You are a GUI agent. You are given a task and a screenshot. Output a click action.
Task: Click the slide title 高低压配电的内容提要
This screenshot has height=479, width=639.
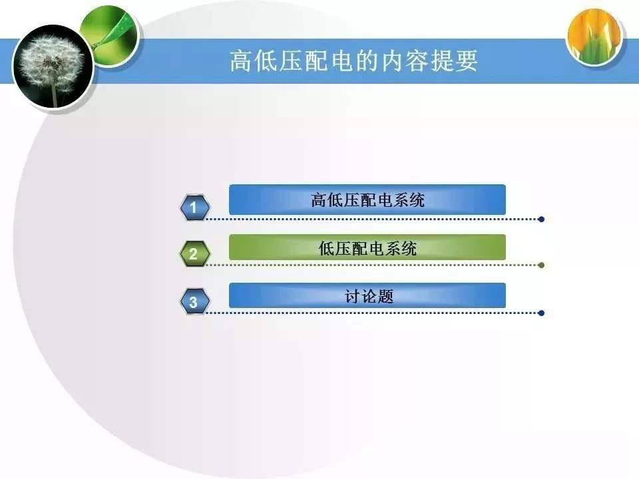pyautogui.click(x=353, y=61)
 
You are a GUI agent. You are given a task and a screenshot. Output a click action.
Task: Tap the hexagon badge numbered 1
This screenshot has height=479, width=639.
pyautogui.click(x=195, y=208)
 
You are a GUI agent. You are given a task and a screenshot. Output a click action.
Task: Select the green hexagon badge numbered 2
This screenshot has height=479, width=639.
pyautogui.click(x=195, y=253)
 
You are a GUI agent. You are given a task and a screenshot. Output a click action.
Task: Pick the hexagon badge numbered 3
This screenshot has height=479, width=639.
pyautogui.click(x=195, y=301)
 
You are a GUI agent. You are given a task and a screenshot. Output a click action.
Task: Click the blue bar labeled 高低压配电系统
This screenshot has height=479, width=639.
pyautogui.click(x=367, y=200)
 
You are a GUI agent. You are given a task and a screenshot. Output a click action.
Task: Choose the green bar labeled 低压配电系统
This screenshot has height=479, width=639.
pyautogui.click(x=367, y=247)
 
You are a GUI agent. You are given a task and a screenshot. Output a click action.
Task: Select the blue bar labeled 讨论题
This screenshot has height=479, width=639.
pyautogui.click(x=367, y=295)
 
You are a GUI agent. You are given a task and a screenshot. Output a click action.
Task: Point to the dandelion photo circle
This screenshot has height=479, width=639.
pyautogui.click(x=53, y=67)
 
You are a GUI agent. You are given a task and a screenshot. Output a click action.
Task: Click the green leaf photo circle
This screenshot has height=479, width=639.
pyautogui.click(x=108, y=35)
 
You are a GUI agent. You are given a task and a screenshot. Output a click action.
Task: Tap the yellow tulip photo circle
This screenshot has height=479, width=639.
pyautogui.click(x=594, y=37)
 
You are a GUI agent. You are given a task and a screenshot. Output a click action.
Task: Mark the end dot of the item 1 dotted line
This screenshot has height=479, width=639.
pyautogui.click(x=541, y=219)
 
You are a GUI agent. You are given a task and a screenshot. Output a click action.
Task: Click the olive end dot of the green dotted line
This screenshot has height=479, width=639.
pyautogui.click(x=541, y=265)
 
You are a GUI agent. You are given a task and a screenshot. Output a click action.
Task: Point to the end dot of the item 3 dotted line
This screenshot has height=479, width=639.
pyautogui.click(x=541, y=313)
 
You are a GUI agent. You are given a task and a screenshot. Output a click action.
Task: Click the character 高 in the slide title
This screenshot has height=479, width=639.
pyautogui.click(x=241, y=61)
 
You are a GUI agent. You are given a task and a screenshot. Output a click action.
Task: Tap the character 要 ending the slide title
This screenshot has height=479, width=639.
pyautogui.click(x=466, y=61)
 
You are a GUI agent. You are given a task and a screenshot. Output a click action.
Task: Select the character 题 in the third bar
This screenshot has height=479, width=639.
pyautogui.click(x=385, y=295)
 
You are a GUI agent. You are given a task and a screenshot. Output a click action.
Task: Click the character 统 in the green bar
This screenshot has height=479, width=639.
pyautogui.click(x=408, y=248)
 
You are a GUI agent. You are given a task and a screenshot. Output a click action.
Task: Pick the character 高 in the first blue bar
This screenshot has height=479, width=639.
pyautogui.click(x=319, y=200)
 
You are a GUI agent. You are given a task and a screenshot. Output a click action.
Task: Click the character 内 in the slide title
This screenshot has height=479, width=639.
pyautogui.click(x=393, y=61)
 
